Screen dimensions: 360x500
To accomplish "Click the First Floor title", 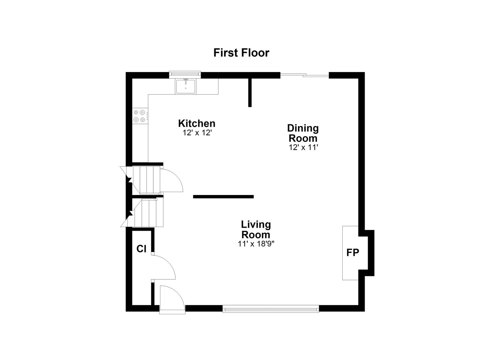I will point(241,53).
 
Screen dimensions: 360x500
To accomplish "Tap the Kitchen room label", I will point(197,123).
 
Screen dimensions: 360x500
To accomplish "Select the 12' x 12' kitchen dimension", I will point(197,132).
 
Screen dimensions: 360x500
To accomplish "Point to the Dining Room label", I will point(303,133).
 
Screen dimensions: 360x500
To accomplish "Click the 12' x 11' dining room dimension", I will point(303,147).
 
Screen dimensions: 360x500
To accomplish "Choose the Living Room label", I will point(256,229).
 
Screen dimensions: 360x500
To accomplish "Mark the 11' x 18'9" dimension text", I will point(256,244).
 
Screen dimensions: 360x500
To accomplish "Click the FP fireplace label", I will point(353,253).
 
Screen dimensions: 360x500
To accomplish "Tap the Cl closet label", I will point(141,249).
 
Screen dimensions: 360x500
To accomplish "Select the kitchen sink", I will point(186,86).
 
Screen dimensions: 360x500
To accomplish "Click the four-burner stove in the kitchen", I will point(140,116).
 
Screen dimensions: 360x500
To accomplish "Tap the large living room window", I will point(271,309).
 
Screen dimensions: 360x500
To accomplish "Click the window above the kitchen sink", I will point(185,74).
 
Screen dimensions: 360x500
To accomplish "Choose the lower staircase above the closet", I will point(147,213).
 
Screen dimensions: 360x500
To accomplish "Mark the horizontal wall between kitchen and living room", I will point(223,197).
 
